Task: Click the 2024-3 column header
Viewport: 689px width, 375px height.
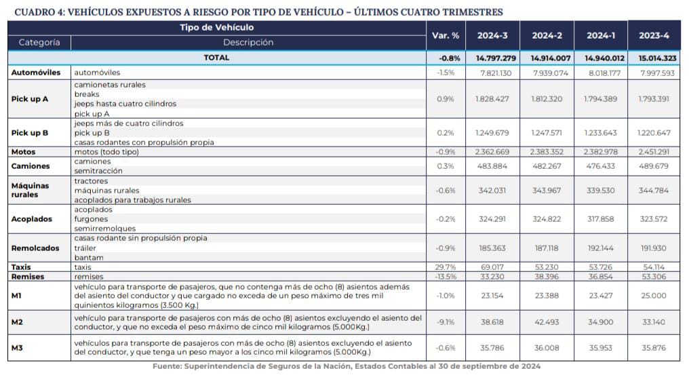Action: click(x=492, y=35)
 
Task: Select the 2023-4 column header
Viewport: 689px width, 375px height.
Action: click(x=654, y=35)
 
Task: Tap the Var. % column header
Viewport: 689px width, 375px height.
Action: click(x=446, y=35)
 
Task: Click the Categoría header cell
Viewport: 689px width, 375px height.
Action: click(x=39, y=42)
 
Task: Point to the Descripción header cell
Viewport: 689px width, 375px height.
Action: click(x=248, y=42)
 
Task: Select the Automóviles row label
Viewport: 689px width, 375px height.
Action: click(x=36, y=72)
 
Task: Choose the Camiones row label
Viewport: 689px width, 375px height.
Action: click(x=31, y=166)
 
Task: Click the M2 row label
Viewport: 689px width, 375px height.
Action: click(x=18, y=322)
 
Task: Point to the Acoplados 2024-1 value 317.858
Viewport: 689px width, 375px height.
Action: click(x=601, y=219)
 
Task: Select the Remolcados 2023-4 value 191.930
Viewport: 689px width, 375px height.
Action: click(x=654, y=248)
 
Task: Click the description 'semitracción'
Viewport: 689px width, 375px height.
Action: click(x=98, y=171)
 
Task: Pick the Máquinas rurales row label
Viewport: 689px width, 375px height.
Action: click(x=31, y=190)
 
